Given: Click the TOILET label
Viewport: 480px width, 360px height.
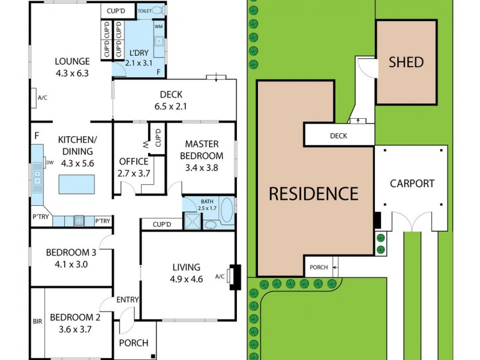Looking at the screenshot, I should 145,11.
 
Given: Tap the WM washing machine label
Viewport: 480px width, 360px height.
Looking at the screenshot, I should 158,26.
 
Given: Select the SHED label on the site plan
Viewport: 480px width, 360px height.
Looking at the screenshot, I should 406,62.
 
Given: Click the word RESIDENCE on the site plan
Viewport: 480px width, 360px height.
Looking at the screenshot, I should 313,194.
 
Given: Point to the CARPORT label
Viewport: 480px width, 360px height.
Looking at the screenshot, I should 412,183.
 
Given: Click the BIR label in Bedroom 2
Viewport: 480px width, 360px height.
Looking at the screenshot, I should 37,322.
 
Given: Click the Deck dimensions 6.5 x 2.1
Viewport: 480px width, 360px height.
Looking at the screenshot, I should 171,107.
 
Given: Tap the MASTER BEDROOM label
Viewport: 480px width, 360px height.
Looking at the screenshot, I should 201,149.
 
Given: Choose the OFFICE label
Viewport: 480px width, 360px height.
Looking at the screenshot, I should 133,161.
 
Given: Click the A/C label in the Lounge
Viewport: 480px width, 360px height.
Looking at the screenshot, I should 42,97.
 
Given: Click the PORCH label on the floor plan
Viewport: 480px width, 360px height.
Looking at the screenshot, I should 133,344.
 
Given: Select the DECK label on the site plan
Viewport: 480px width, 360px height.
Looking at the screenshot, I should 338,136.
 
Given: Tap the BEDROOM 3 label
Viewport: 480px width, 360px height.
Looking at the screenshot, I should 71,253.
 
